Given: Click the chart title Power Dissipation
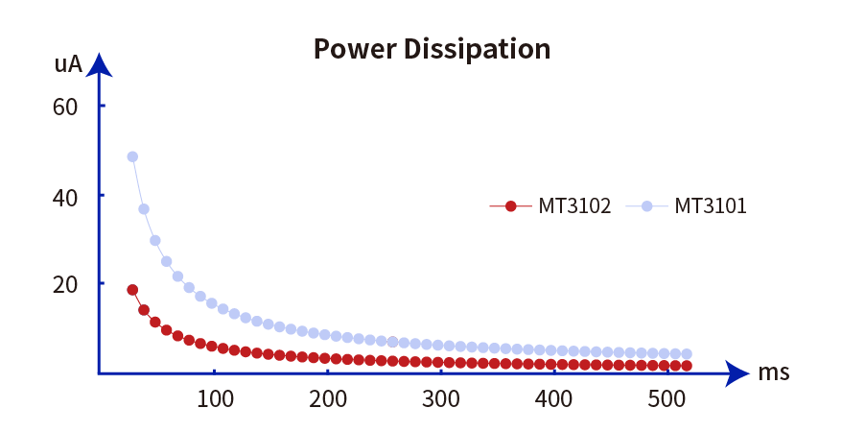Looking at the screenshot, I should click(x=432, y=48).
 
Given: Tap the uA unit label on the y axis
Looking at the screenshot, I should click(x=68, y=65).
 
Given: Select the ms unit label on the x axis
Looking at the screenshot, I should click(x=774, y=372).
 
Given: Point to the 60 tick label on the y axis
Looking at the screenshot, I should click(x=65, y=106).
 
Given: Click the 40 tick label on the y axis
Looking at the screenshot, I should click(x=65, y=195).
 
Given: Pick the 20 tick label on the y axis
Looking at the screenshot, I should click(x=65, y=283).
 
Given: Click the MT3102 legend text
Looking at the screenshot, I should click(x=574, y=205).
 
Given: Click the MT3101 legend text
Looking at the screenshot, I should click(x=711, y=205).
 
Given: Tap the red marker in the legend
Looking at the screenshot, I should click(x=511, y=205).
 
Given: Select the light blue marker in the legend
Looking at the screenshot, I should click(x=647, y=205).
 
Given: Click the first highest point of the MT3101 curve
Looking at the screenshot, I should click(x=132, y=156).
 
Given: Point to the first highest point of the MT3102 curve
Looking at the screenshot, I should click(x=132, y=290).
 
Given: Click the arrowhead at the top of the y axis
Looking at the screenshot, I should click(x=99, y=65).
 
